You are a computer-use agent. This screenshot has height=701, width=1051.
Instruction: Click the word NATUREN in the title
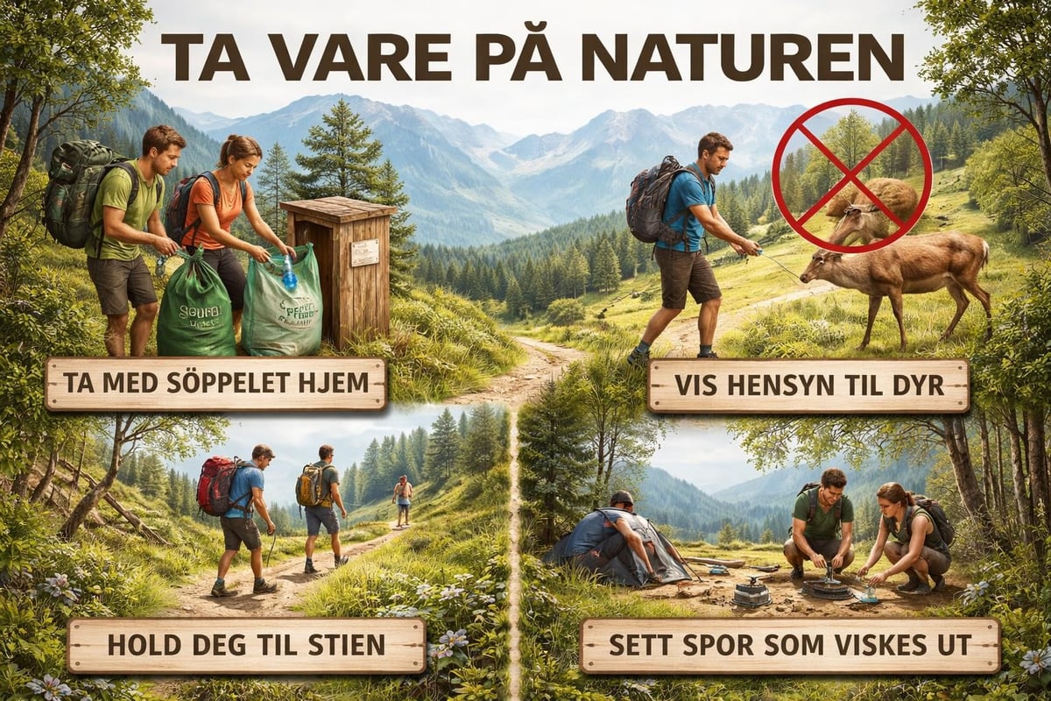point(771,59)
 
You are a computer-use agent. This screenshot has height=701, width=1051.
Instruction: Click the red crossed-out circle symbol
point(850,175)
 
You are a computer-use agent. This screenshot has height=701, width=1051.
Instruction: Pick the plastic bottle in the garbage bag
point(288,271)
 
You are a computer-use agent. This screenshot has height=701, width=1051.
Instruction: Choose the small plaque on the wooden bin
point(364,251)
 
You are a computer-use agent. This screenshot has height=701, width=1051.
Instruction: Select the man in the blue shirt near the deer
point(688,237)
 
